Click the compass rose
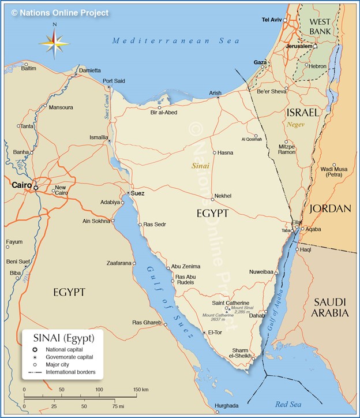tap(54, 43)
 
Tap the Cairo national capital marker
tap(36, 188)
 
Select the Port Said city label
tap(114, 81)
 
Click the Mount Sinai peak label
tap(241, 309)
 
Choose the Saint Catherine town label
tap(230, 303)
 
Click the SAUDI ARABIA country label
tap(330, 307)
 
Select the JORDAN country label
tap(331, 208)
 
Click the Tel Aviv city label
tap(272, 20)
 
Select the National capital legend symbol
tap(35, 350)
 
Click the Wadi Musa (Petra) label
tap(334, 171)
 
